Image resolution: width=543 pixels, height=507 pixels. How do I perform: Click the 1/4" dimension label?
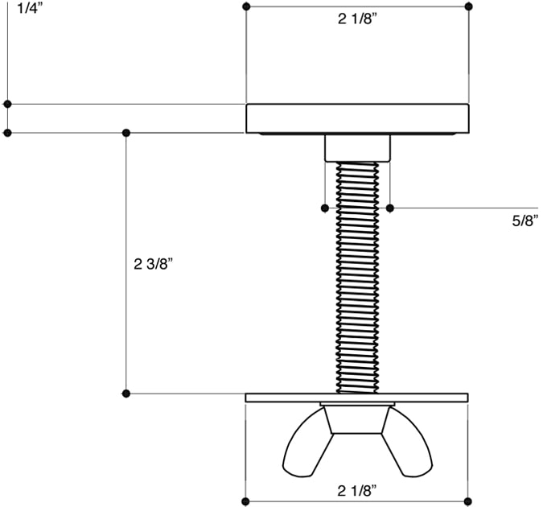pos(30,8)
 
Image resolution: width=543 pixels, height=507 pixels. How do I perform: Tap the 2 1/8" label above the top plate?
pos(357,19)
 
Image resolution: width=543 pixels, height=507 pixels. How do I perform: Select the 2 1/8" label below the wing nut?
pos(356,490)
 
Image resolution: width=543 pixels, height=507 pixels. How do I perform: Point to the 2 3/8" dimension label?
pos(153,264)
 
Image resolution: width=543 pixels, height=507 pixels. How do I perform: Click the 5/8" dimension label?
pos(525,221)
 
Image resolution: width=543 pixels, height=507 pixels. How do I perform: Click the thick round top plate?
pos(357,118)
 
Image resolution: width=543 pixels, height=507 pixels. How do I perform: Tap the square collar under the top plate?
pos(357,148)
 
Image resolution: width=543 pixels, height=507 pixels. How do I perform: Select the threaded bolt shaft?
pos(357,277)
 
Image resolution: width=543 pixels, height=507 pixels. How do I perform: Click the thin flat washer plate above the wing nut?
pos(356,398)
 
